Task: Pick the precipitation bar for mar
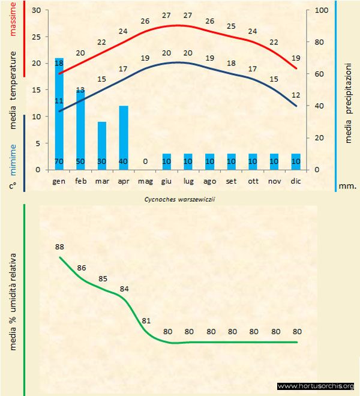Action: [x=102, y=144]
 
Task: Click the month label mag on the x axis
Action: [x=145, y=180]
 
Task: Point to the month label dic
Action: [x=295, y=180]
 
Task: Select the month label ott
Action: [x=253, y=180]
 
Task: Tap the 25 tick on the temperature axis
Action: [x=35, y=37]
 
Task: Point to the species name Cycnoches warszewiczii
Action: [x=180, y=199]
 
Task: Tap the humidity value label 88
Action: [x=59, y=246]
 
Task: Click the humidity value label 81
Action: [x=145, y=320]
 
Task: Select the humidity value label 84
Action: [x=124, y=289]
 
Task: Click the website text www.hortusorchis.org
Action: [x=316, y=386]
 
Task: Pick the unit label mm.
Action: [x=348, y=185]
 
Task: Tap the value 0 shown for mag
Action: [x=145, y=161]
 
